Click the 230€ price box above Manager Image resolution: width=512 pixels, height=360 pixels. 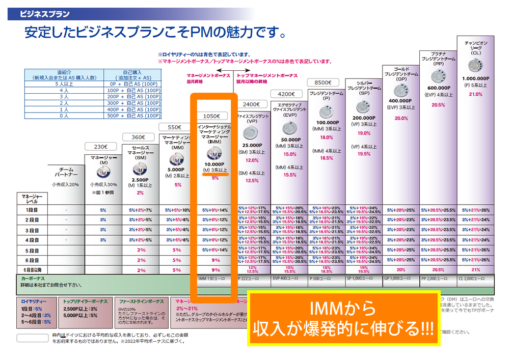coord(100,147)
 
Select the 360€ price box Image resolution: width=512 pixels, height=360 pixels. coord(138,137)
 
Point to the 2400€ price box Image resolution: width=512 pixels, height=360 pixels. coord(251,104)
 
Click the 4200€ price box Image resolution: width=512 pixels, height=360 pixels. coord(289,94)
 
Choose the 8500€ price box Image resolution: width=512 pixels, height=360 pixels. coord(323,82)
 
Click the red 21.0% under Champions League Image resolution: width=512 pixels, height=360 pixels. coord(475,94)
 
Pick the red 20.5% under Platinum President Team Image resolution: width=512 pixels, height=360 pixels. coord(438,105)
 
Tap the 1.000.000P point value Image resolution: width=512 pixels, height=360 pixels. coord(476,79)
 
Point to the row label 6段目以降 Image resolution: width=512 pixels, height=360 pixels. coord(31,270)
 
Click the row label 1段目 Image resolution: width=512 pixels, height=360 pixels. coord(31,210)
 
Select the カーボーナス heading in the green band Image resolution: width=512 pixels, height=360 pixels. coord(33,279)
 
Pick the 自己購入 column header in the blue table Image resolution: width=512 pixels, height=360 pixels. coord(132,72)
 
